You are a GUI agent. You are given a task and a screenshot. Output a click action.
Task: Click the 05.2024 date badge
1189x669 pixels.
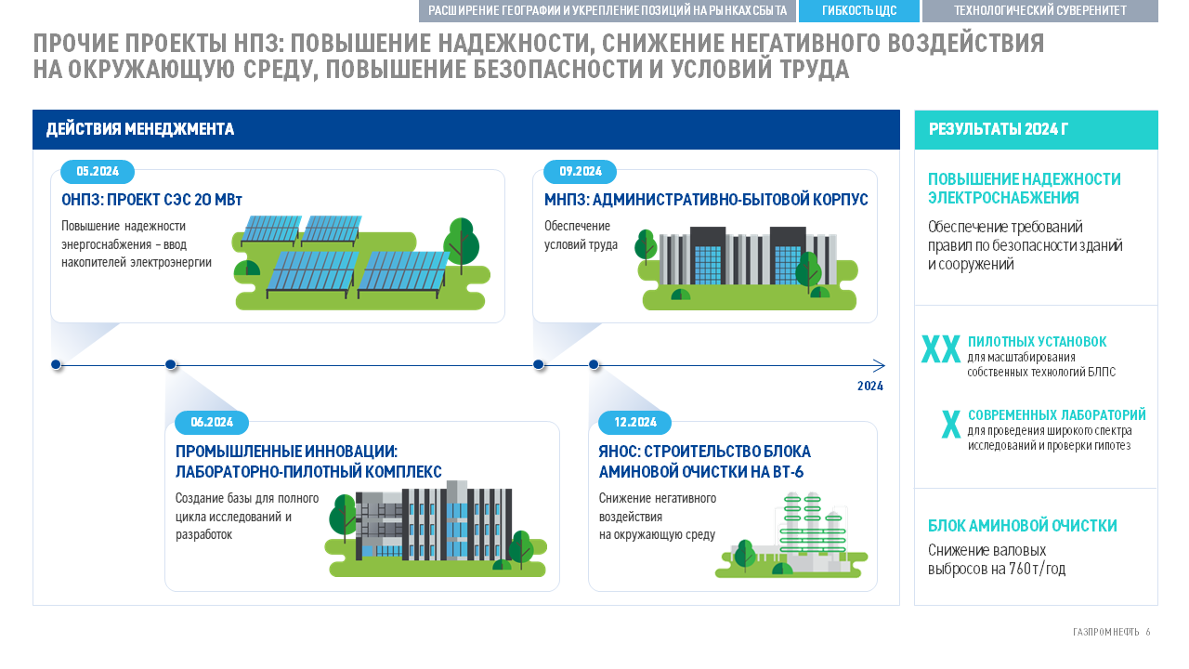tap(98, 172)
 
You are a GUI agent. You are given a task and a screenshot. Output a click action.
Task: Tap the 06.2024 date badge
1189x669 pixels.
tap(211, 422)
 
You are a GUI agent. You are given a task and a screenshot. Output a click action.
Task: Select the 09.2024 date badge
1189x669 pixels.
tap(581, 172)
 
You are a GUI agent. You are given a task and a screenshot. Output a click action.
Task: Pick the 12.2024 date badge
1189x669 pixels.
tap(634, 422)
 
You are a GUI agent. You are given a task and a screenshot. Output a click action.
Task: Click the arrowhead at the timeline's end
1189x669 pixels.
tap(880, 365)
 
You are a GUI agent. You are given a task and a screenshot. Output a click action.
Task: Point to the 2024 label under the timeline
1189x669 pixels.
tap(870, 386)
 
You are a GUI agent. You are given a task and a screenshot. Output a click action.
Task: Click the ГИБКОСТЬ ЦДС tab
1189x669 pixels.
tap(859, 10)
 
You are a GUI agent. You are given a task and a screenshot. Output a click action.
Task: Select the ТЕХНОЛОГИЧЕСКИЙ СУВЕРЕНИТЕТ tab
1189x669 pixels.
tap(1039, 10)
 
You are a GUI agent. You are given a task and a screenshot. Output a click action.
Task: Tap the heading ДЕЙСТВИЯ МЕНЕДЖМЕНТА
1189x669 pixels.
tap(140, 129)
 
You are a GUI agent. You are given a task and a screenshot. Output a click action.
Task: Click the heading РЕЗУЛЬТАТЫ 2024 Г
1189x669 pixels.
tap(998, 129)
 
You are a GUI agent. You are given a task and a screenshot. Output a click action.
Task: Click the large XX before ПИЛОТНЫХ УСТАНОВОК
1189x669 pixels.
tap(941, 349)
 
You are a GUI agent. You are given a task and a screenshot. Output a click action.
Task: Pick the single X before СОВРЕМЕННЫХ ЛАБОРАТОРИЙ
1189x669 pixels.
tap(950, 425)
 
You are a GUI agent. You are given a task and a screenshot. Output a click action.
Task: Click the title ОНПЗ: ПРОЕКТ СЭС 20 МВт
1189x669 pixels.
tap(151, 200)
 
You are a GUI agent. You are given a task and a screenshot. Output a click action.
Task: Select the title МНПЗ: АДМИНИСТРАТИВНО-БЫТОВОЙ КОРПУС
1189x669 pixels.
tap(706, 200)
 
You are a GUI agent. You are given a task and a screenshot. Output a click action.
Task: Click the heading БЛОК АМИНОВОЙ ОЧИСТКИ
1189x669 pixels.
tap(1023, 526)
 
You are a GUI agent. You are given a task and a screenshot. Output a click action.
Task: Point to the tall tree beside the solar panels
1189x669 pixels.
tap(461, 246)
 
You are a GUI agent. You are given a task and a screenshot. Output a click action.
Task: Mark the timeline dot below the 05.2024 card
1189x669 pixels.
tap(56, 365)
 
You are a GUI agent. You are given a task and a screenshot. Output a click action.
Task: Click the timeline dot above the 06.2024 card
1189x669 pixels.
tap(170, 365)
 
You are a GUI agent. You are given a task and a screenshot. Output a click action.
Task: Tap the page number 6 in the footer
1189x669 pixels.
tap(1147, 632)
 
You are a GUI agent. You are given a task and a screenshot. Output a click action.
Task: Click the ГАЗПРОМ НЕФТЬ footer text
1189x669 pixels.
tap(1106, 632)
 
